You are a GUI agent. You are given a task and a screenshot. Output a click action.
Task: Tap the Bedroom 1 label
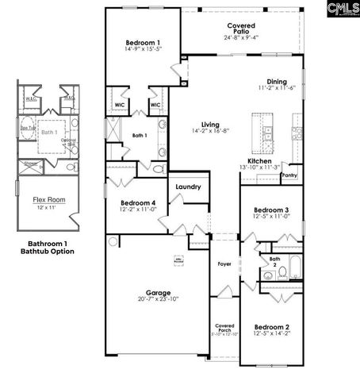(143, 42)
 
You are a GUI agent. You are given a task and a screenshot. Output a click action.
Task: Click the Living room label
(210, 125)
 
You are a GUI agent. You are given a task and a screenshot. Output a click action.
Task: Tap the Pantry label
(290, 175)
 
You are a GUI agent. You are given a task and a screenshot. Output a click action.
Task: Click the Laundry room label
(188, 187)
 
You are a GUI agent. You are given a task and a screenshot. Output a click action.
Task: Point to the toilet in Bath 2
(281, 273)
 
